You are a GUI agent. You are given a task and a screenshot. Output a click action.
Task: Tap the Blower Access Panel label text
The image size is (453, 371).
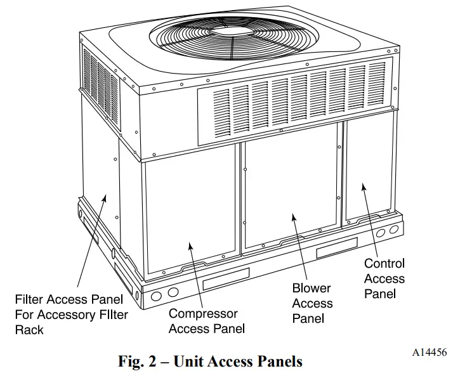coord(312,303)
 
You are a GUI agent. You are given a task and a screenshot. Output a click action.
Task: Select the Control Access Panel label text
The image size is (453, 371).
coord(384,278)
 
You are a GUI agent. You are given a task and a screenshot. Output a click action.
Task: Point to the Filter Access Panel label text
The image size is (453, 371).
coord(71,314)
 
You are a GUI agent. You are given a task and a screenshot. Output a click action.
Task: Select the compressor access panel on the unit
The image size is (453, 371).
coord(191,216)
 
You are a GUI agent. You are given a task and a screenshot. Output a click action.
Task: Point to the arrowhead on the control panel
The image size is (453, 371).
coord(364,186)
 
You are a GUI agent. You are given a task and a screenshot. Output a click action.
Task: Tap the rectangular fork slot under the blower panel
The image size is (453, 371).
coord(336,251)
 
